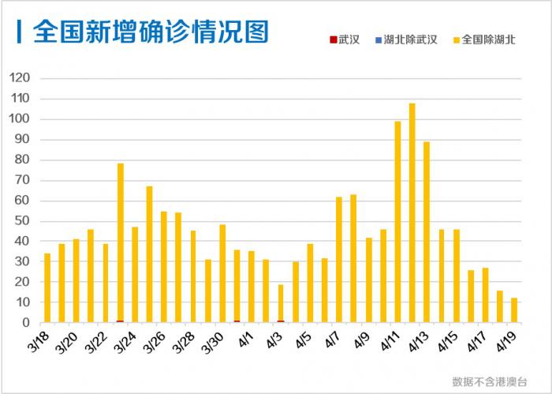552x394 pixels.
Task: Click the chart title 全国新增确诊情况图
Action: (x=151, y=32)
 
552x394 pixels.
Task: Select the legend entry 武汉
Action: (x=344, y=39)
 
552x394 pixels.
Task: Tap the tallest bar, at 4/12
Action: (x=412, y=213)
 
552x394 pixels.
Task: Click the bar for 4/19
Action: (x=514, y=310)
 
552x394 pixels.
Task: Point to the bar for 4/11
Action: (x=397, y=222)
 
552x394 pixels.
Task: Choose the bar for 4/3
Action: (x=281, y=303)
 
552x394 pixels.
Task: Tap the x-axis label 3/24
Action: (x=124, y=342)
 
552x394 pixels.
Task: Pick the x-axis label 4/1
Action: (x=244, y=340)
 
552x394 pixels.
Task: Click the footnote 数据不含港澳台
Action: (x=490, y=381)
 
